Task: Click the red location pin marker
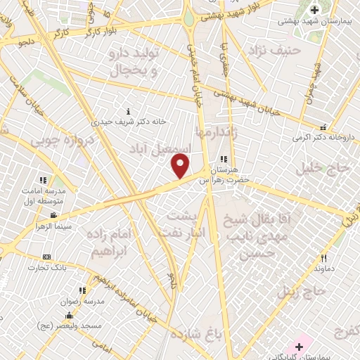point(181,167)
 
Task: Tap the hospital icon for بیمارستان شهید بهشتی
point(314,9)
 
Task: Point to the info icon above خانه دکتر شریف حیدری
point(127,111)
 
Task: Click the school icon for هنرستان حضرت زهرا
point(224,160)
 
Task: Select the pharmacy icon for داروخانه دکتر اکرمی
point(323,128)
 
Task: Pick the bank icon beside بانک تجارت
point(46,257)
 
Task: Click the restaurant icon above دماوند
point(324,258)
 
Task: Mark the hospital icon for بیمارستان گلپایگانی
point(300,346)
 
